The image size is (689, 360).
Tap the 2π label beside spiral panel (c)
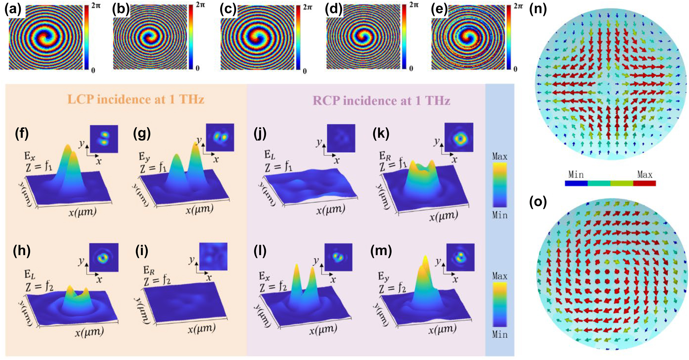[307, 7]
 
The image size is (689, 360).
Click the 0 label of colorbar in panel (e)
[515, 69]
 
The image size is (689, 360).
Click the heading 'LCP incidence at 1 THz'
[136, 99]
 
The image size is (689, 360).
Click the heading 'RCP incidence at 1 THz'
[381, 100]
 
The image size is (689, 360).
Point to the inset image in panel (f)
[104, 139]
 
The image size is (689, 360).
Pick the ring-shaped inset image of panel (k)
[459, 137]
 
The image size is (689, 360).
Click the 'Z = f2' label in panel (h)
[39, 286]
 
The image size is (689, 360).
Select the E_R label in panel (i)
[149, 270]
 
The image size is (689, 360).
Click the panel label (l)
[260, 251]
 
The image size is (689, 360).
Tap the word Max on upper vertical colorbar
[499, 157]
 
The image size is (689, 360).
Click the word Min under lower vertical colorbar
[499, 335]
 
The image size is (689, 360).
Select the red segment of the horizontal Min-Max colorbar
[644, 183]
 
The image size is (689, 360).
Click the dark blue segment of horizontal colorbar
[576, 183]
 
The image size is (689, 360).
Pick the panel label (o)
[538, 202]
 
